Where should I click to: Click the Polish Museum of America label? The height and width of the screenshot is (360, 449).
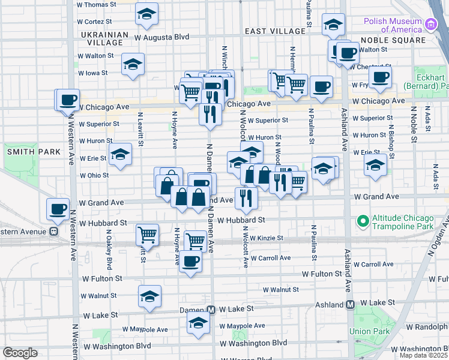[x=393, y=25]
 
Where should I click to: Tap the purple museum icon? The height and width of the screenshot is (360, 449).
[x=430, y=25]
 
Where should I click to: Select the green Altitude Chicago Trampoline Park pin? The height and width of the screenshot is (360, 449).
[x=363, y=221]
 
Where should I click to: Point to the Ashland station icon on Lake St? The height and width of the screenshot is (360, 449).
[x=349, y=304]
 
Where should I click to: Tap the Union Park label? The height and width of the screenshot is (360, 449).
[x=369, y=331]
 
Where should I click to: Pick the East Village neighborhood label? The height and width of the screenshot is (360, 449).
[x=276, y=31]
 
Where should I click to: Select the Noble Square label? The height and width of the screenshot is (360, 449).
[x=393, y=40]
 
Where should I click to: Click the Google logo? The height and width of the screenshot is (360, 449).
[x=20, y=353]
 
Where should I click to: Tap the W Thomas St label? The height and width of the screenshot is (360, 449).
[x=96, y=4]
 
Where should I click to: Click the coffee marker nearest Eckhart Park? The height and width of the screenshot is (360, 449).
[x=380, y=77]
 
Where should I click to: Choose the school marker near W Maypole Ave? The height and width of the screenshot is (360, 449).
[x=198, y=323]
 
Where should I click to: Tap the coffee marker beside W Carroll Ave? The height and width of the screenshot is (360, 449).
[x=191, y=262]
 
